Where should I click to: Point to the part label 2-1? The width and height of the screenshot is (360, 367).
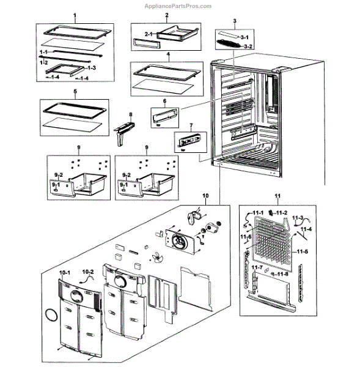click(x=149, y=34)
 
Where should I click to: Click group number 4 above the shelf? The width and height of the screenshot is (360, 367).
click(x=167, y=54)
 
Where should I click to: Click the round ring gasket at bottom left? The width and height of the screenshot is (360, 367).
click(x=51, y=316)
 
